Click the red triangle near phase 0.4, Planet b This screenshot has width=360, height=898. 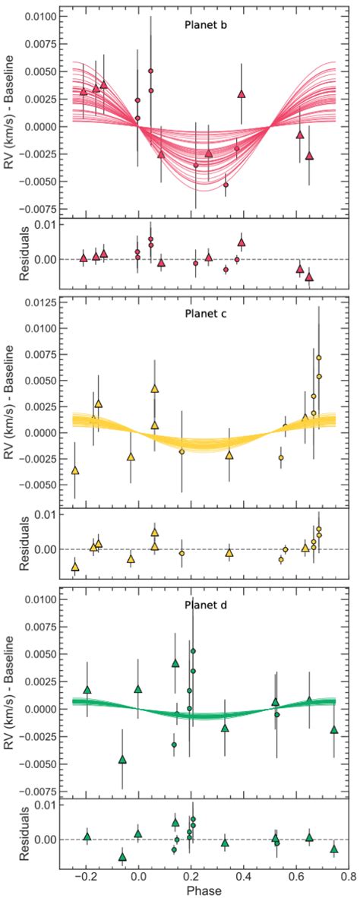(242, 94)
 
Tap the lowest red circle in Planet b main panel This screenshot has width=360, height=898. (226, 185)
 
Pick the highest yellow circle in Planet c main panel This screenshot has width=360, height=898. (319, 358)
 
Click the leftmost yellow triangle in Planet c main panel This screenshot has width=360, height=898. (74, 470)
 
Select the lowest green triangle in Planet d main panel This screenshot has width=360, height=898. (122, 759)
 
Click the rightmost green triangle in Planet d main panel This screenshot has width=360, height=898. (334, 729)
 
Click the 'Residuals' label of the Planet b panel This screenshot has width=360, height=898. (23, 253)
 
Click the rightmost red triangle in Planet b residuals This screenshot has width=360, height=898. (309, 277)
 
